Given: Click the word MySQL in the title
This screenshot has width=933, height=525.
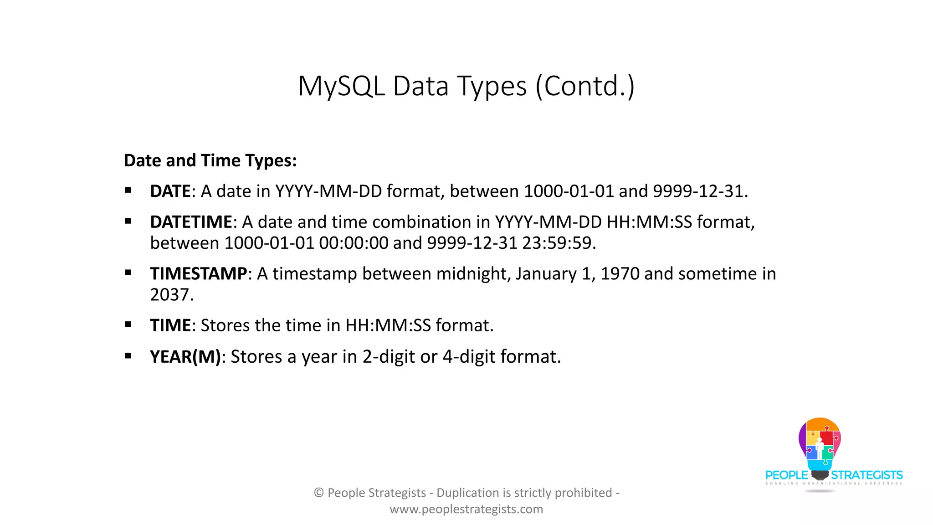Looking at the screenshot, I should point(341,87).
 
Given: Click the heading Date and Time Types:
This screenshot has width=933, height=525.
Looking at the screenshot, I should point(210,161).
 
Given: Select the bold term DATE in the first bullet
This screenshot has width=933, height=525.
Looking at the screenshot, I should point(170,191).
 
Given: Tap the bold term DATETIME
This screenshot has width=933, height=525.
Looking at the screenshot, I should point(191,222).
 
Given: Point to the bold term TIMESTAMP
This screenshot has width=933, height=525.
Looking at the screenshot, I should point(199,274).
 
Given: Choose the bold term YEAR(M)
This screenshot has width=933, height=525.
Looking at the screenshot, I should point(185,357).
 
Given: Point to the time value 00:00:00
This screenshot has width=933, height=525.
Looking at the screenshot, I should point(354,243).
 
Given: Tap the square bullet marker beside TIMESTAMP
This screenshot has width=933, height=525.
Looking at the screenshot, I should point(128,273).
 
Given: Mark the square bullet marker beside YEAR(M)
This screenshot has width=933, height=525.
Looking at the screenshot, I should point(128,356).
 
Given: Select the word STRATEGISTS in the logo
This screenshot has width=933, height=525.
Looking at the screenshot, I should point(866,475).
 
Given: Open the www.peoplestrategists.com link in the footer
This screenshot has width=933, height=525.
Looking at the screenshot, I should point(466,509).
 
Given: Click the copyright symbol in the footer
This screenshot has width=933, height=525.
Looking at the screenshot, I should point(319,493).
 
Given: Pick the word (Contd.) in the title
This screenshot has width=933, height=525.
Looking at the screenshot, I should point(585,87).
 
